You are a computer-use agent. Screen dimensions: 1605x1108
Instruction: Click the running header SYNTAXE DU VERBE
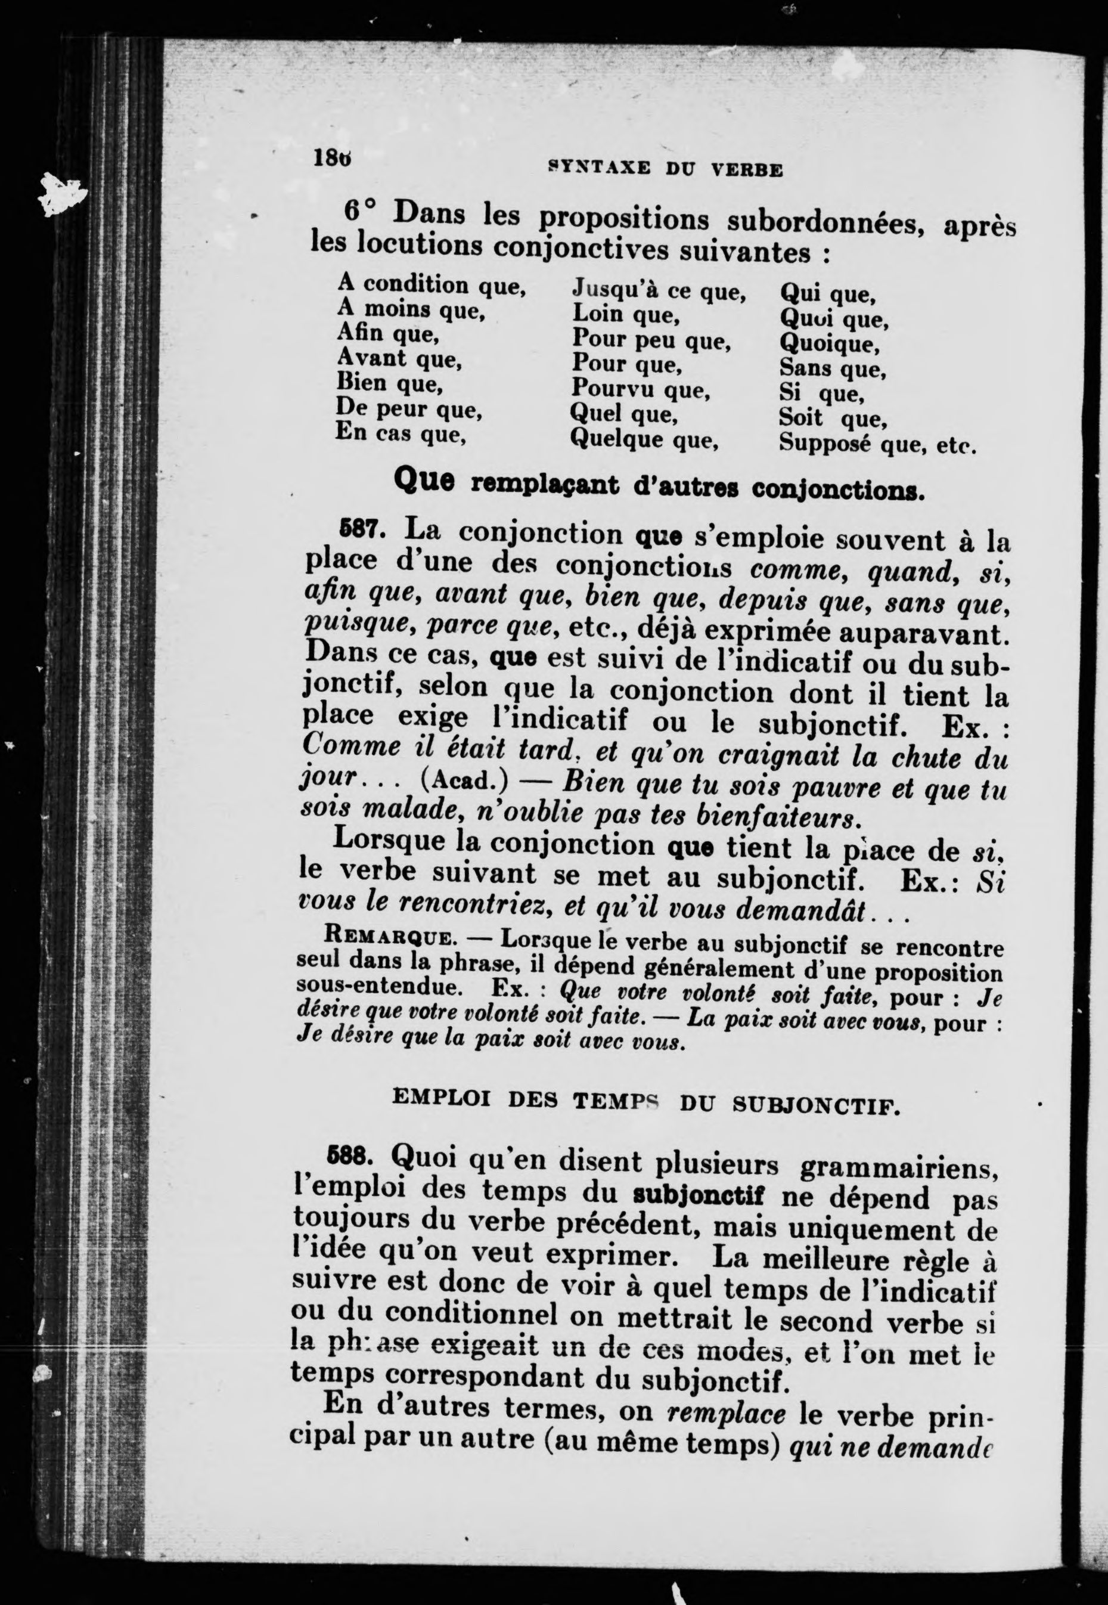(665, 169)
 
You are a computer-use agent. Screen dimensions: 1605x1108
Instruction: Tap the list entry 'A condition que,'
(431, 285)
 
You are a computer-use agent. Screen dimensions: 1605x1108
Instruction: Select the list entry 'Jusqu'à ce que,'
(658, 292)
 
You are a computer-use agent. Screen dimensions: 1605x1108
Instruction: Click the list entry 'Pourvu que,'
(640, 389)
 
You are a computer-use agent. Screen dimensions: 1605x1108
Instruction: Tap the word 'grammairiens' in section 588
(898, 1166)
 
